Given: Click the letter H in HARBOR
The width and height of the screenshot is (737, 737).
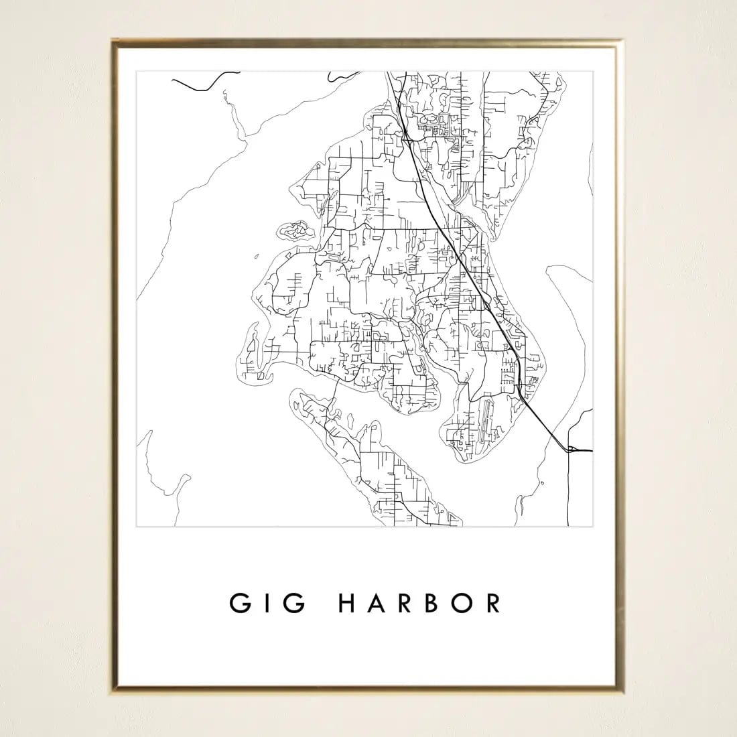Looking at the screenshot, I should pos(351,603).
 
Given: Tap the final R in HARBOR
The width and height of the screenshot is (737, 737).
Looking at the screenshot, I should pos(494,603).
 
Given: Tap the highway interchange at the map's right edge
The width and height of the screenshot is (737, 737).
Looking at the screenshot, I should pos(571,450).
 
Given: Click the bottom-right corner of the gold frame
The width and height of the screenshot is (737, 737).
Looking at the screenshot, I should pos(626,690).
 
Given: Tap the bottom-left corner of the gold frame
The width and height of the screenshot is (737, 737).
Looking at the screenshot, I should pos(113,690).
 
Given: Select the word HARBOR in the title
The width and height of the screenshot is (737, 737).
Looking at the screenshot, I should pos(420,603).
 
